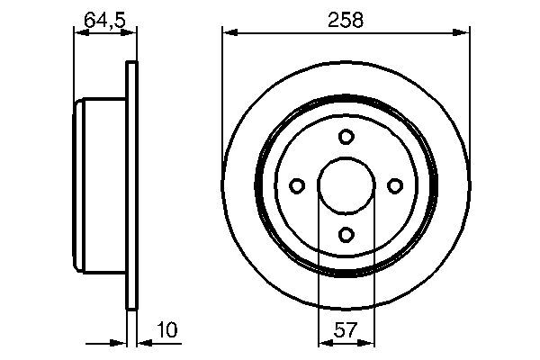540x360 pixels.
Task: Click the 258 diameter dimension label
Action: (346, 20)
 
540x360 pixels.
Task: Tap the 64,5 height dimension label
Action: (104, 20)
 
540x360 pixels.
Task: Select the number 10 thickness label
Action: (166, 329)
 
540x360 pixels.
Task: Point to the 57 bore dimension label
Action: (346, 330)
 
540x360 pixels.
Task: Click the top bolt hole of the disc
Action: (346, 137)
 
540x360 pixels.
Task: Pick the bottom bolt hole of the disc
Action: (346, 235)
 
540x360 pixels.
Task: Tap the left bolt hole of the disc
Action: (297, 185)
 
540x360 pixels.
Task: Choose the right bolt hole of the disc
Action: (395, 185)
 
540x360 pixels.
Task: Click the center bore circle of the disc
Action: (346, 157)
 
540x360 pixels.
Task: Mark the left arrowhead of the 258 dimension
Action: (230, 32)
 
